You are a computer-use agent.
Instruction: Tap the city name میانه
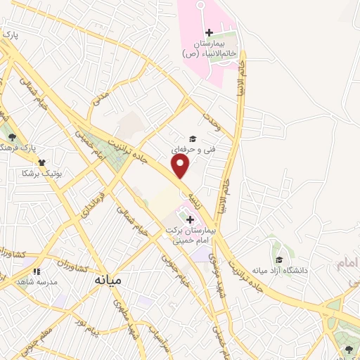click(x=108, y=279)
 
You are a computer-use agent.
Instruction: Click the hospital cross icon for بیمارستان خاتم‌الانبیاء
click(x=209, y=32)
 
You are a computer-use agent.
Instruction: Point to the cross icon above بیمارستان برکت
click(x=190, y=220)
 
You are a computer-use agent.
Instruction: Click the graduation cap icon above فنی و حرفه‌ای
click(x=191, y=139)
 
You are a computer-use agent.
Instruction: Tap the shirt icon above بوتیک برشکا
click(x=43, y=162)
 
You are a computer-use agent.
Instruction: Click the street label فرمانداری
click(x=92, y=204)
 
